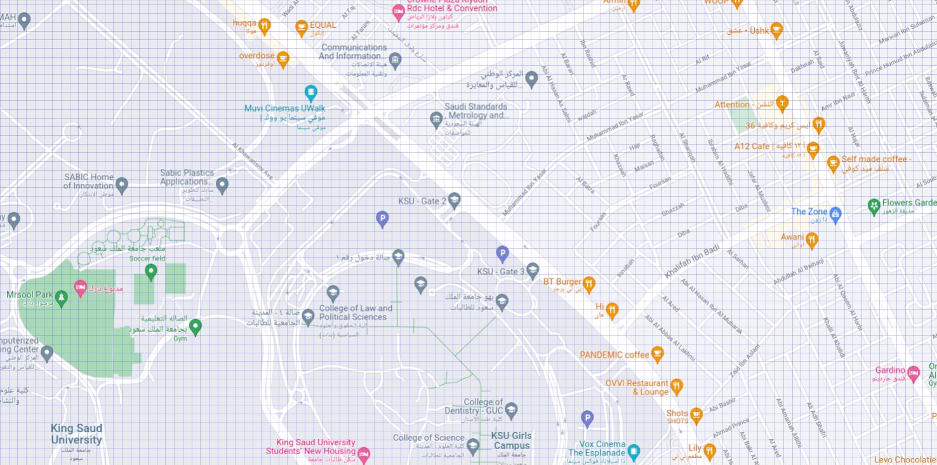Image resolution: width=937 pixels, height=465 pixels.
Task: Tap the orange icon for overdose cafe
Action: click(x=283, y=58)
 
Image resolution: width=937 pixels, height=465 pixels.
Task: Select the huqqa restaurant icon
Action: click(x=265, y=25)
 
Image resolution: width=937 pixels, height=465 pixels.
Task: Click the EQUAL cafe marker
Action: click(x=302, y=27)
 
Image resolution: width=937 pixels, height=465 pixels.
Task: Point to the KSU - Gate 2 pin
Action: click(x=454, y=200)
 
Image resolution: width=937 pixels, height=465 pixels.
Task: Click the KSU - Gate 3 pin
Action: click(x=533, y=270)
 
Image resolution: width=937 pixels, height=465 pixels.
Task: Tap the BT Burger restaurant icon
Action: click(x=589, y=283)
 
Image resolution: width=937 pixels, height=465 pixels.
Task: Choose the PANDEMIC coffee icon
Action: click(x=658, y=354)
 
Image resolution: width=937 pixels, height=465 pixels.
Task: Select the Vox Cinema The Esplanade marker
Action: click(x=634, y=452)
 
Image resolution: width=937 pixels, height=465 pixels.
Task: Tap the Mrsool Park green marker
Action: click(x=61, y=298)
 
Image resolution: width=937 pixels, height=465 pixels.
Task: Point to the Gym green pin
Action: click(x=196, y=326)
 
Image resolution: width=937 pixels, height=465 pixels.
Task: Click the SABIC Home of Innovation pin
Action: click(x=122, y=185)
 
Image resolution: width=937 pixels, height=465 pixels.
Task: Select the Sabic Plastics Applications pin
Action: click(x=222, y=185)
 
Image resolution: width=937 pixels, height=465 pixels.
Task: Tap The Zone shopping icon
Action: click(x=835, y=214)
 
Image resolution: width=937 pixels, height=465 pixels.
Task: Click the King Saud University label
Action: click(x=76, y=434)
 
